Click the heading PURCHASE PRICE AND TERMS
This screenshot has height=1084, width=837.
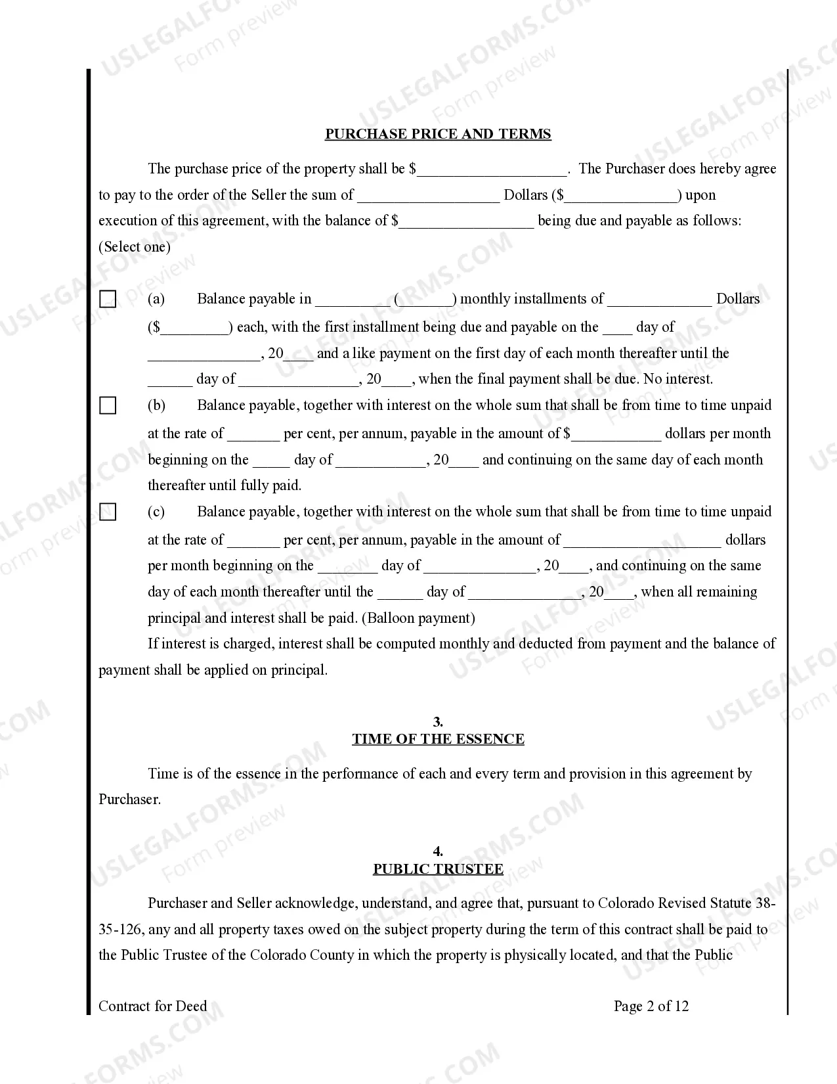coord(438,134)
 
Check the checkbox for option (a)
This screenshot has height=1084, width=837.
coord(108,300)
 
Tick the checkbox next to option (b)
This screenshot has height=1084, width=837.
coord(108,405)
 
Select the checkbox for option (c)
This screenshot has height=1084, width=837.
coord(108,512)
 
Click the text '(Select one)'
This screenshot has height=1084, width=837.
coord(135,247)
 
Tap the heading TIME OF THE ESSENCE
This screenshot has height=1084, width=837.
coord(438,739)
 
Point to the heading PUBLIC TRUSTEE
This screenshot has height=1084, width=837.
coord(438,869)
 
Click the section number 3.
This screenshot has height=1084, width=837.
coord(438,722)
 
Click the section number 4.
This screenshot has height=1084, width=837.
coord(438,852)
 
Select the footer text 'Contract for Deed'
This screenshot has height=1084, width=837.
coord(152,1006)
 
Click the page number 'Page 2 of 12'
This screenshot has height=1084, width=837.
coord(651,1006)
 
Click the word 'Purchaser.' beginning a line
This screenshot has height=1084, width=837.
coord(129,800)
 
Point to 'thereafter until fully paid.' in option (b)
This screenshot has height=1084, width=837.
coord(225,486)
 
